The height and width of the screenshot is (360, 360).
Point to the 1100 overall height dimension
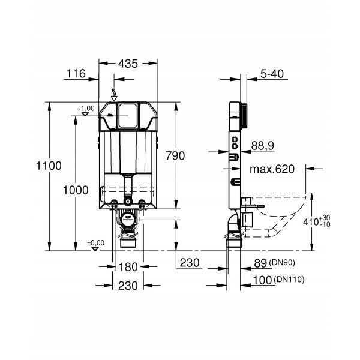[x=49, y=166]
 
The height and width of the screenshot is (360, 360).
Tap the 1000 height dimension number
[x=76, y=190]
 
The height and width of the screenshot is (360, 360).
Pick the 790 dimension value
[x=175, y=155]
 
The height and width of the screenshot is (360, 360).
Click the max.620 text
[x=274, y=170]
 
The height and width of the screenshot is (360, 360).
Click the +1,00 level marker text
[x=86, y=107]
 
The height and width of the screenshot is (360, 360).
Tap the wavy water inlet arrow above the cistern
[x=115, y=94]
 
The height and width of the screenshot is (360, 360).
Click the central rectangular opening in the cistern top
[x=127, y=115]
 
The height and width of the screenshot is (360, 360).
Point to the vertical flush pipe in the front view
[x=127, y=182]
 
